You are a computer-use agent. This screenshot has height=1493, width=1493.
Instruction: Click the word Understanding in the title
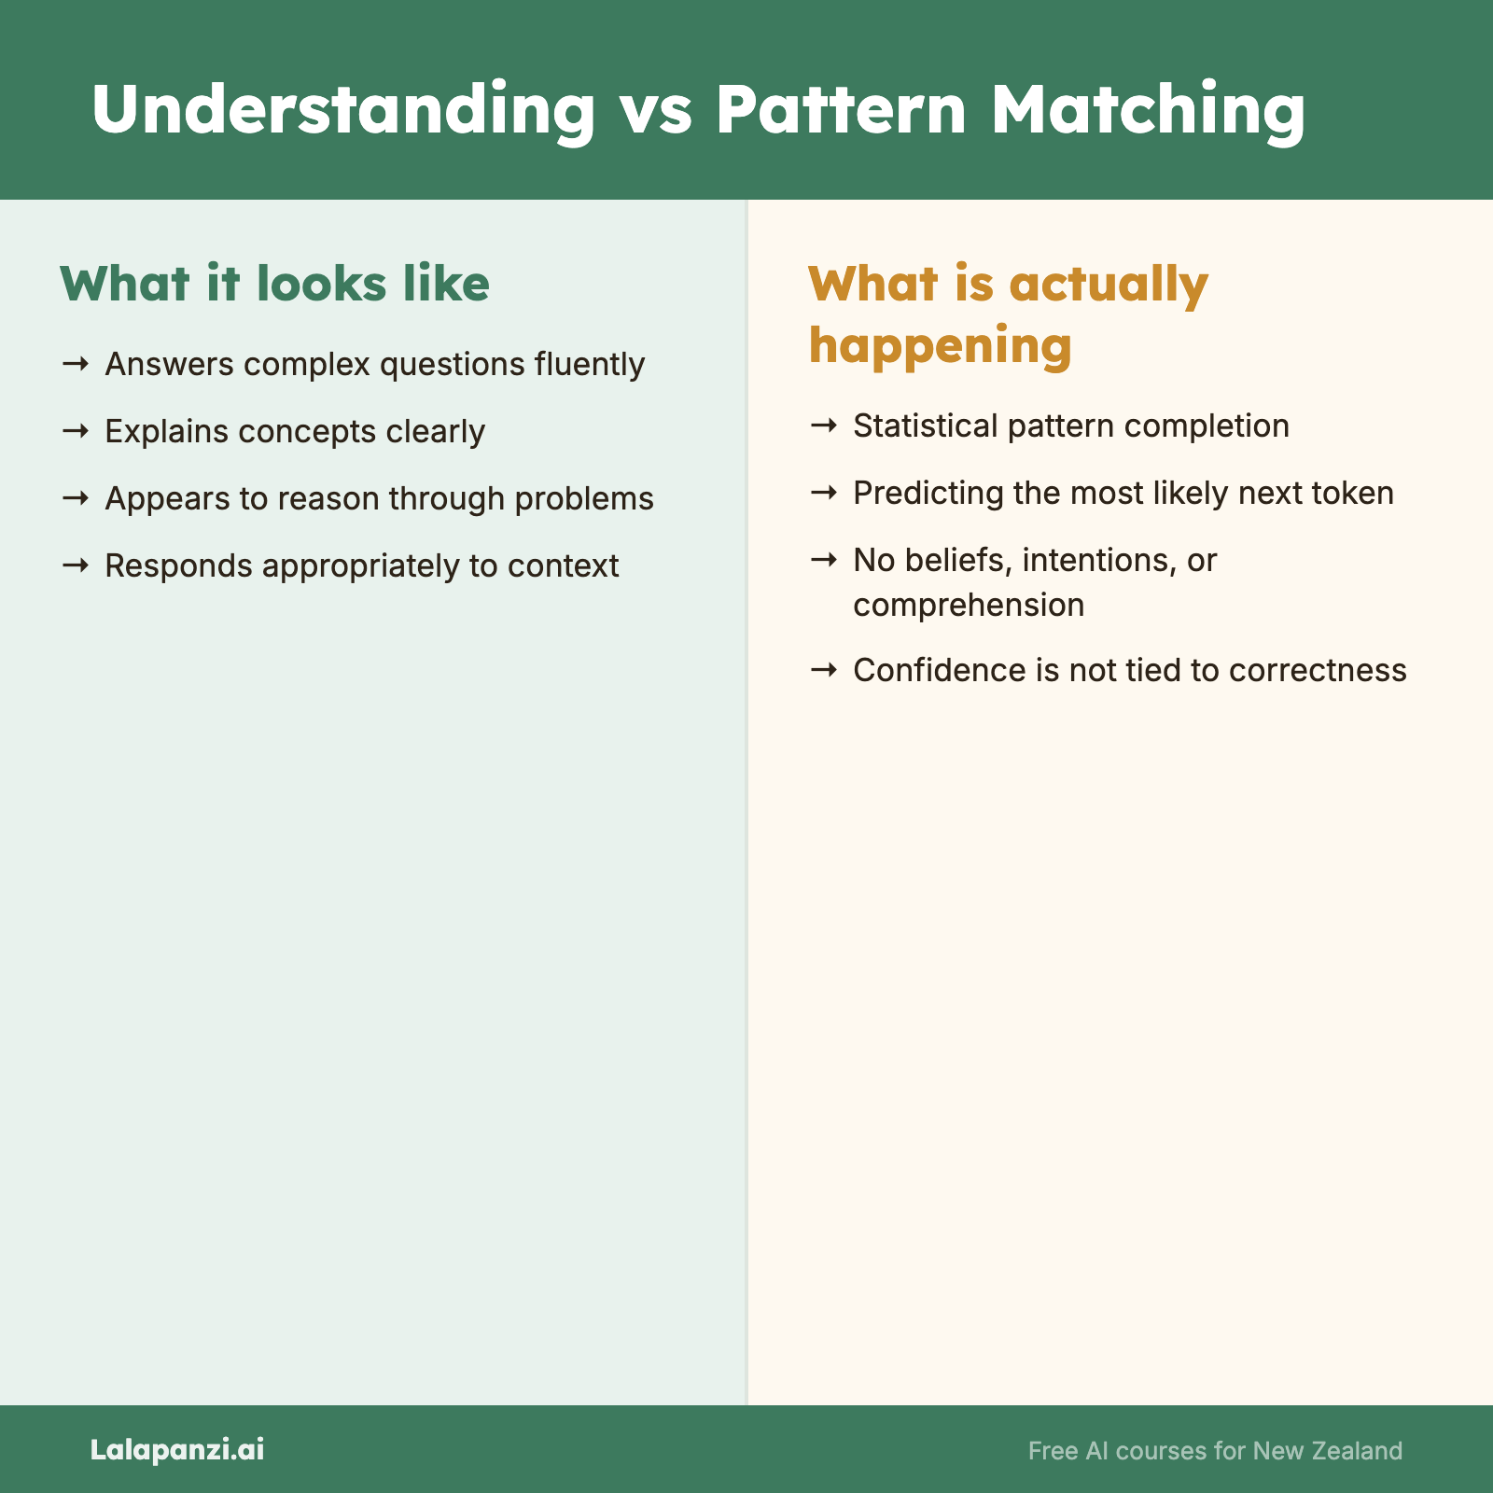(x=343, y=110)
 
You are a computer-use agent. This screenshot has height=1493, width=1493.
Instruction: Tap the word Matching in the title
(x=1148, y=110)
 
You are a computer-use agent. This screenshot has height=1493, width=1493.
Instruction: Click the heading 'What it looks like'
(x=274, y=284)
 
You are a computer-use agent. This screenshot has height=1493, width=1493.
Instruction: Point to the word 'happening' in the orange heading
(x=940, y=345)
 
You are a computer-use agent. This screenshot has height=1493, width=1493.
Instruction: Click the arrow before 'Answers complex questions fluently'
(x=76, y=364)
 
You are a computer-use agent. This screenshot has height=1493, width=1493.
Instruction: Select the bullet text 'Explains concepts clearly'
(x=295, y=431)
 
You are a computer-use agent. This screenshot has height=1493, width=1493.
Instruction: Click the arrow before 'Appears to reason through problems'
(x=76, y=498)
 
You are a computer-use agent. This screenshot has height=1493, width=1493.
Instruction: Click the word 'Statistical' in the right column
(x=926, y=426)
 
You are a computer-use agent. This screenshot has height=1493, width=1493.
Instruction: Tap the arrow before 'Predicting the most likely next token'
(x=824, y=493)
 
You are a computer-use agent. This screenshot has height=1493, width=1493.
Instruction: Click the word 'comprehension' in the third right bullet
(x=969, y=605)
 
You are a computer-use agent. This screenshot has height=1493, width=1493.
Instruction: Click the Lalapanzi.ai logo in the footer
(x=177, y=1449)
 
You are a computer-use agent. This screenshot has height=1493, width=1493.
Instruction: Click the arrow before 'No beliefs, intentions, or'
(x=824, y=560)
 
